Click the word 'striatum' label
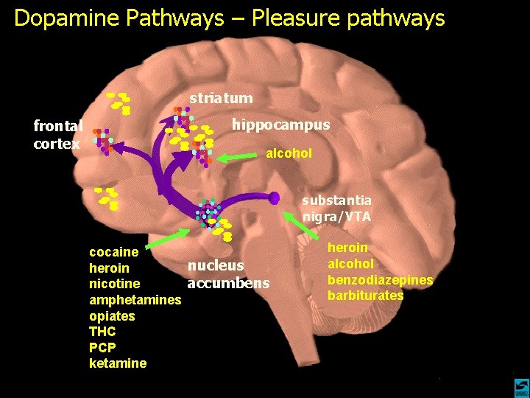click(221, 98)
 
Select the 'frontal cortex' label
click(58, 135)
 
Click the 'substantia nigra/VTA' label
click(337, 208)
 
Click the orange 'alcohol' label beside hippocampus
click(289, 153)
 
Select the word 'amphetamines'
click(135, 300)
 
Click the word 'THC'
click(102, 332)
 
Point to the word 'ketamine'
click(118, 363)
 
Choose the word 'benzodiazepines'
click(380, 280)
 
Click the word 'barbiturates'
click(366, 296)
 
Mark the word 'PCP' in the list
click(102, 347)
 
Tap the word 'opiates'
click(112, 315)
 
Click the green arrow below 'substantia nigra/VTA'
click(297, 224)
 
